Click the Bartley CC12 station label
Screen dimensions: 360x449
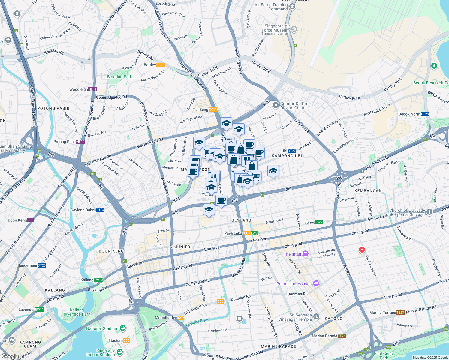[x=154, y=65]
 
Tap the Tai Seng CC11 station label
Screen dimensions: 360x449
[x=205, y=109]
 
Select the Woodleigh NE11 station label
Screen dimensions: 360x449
[x=83, y=89]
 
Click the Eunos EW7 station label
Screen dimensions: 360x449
[x=313, y=222]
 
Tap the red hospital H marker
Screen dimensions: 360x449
[x=362, y=250]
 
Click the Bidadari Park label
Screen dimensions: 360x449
[x=119, y=77]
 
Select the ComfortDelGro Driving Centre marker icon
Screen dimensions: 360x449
[x=276, y=105]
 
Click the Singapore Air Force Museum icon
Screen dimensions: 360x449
[x=294, y=29]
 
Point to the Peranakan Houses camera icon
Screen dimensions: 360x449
[x=316, y=283]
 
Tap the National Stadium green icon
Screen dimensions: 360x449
[x=122, y=328]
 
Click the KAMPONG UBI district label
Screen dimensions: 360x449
[x=287, y=156]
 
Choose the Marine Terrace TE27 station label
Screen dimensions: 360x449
[x=387, y=313]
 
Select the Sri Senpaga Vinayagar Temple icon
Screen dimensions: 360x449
[x=316, y=317]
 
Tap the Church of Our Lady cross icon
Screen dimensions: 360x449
[x=429, y=212]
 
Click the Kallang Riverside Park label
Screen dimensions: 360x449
[x=77, y=312]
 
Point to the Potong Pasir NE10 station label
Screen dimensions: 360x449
[x=69, y=142]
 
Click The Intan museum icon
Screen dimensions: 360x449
[x=306, y=254]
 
